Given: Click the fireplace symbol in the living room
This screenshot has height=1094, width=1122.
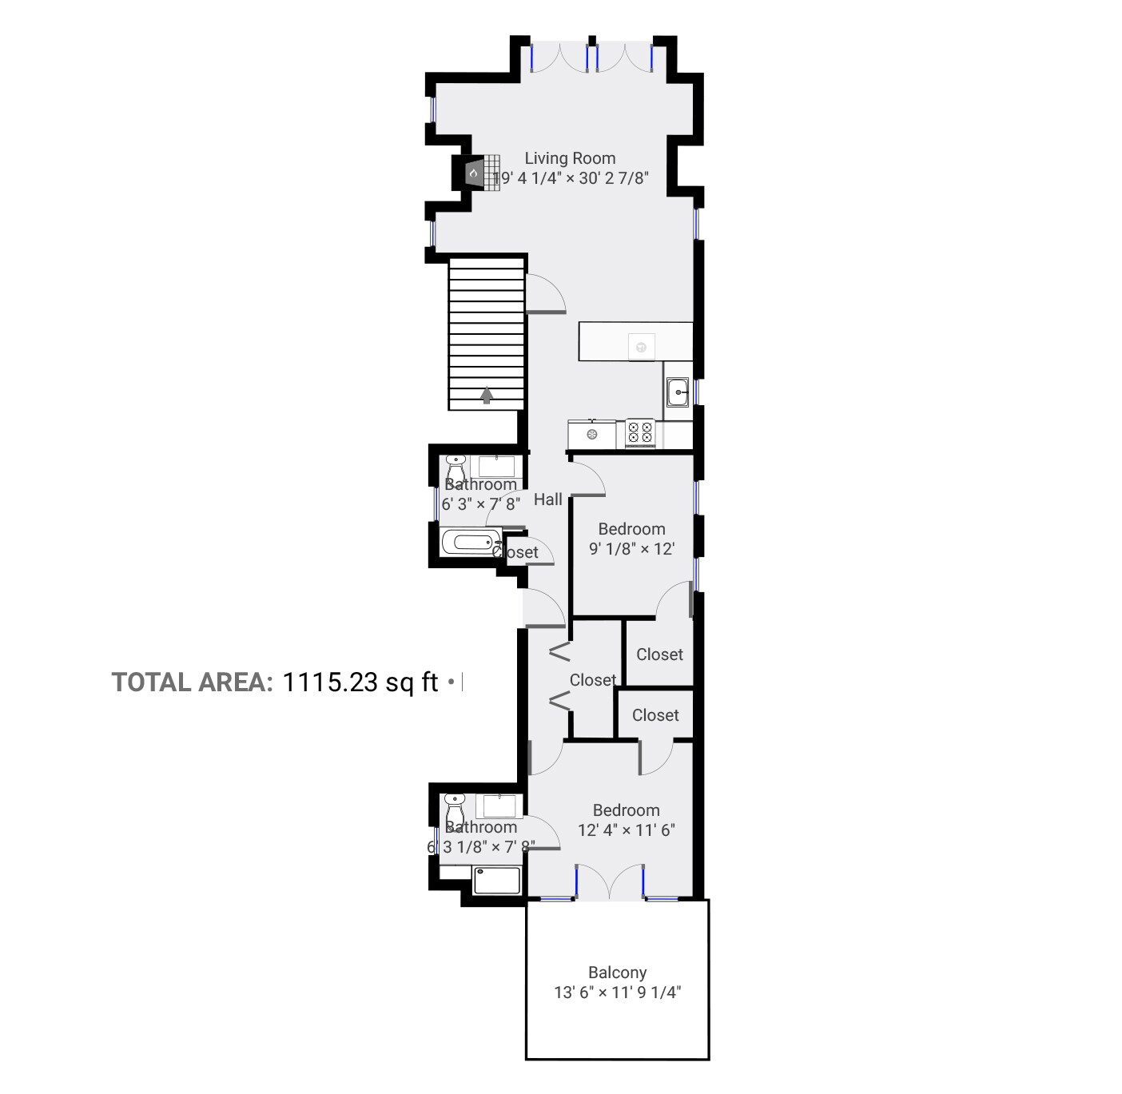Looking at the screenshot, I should (473, 172).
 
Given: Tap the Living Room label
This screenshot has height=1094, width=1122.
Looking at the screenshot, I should (570, 158).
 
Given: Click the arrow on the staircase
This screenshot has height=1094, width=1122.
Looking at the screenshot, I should (486, 394).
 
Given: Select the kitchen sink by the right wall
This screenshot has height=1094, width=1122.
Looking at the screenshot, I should (678, 392).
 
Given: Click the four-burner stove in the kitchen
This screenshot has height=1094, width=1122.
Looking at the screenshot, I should (640, 432).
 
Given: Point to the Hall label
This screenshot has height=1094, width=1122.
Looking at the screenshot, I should (548, 499).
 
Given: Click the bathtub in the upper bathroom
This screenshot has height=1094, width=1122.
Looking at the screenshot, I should (471, 543).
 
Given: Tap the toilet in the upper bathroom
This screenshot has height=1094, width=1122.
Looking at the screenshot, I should (455, 468).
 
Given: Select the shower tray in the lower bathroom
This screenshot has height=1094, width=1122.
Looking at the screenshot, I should (496, 880).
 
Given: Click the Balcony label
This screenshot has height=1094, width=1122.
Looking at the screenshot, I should (617, 973).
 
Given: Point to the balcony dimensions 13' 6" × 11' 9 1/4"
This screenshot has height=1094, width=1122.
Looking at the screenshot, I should (617, 993).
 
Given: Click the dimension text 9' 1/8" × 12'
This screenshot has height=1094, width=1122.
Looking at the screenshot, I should (631, 549).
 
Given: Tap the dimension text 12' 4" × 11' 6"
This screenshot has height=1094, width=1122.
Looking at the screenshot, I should (627, 829).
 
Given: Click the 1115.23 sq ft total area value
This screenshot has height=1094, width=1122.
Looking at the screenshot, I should (360, 682).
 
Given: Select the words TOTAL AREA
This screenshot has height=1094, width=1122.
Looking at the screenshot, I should (192, 682).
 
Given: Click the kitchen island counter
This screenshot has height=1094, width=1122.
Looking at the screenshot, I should (635, 341).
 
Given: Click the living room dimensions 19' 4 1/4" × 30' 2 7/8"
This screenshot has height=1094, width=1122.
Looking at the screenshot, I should (570, 178).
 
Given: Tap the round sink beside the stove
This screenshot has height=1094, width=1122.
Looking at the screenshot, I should (592, 434).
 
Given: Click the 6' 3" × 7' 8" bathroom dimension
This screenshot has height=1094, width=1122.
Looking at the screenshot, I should (481, 504).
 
